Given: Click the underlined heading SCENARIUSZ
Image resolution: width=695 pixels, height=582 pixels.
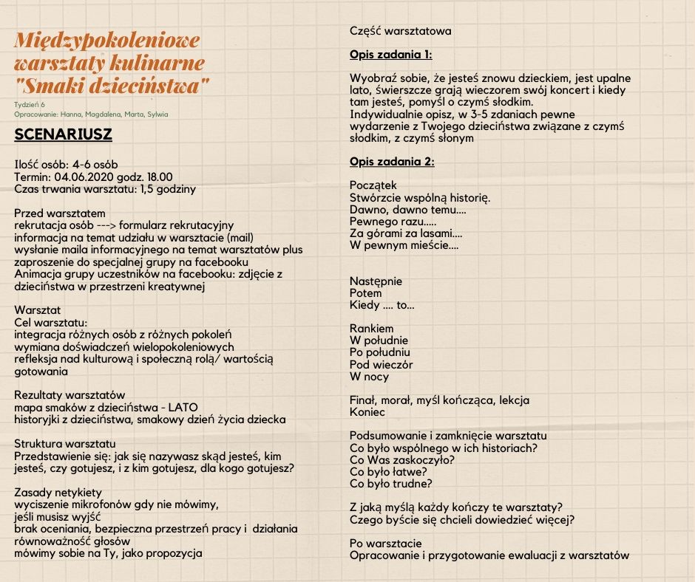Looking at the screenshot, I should click(63, 136).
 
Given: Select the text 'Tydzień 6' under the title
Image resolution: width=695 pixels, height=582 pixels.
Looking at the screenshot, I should click(30, 104).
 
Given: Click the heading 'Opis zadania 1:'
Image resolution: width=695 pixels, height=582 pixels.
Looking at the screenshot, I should click(390, 55).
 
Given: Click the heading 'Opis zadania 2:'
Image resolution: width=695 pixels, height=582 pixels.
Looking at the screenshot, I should click(392, 162).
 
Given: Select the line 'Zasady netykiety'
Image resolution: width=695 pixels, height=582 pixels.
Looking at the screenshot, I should click(58, 493).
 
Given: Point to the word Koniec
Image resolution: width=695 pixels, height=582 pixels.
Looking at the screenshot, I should click(367, 412).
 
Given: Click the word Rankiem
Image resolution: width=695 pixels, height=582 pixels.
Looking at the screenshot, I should click(371, 328).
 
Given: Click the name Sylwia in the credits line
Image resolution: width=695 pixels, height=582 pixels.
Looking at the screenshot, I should click(157, 114).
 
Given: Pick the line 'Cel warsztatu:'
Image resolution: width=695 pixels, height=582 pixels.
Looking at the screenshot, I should click(51, 322).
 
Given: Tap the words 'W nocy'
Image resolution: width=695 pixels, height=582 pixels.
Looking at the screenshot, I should click(369, 377).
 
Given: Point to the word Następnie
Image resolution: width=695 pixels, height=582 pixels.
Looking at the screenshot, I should click(376, 281).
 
